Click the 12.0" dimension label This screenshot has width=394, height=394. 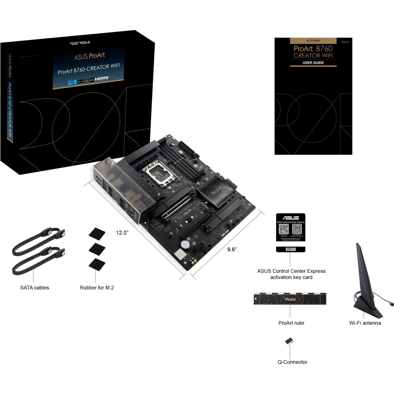tap(122, 232)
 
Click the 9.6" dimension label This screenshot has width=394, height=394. tap(232, 249)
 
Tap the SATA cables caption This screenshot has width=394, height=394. tap(35, 287)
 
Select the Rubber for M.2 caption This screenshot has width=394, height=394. tap(97, 287)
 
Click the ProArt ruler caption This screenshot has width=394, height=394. tap(291, 323)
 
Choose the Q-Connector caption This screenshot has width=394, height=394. tap(292, 362)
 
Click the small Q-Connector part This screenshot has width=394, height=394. tap(290, 341)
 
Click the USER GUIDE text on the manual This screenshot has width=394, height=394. tap(313, 63)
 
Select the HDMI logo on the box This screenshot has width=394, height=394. tap(102, 78)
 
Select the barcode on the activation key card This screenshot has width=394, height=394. tap(291, 249)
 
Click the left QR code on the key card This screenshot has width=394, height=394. tap(284, 229)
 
